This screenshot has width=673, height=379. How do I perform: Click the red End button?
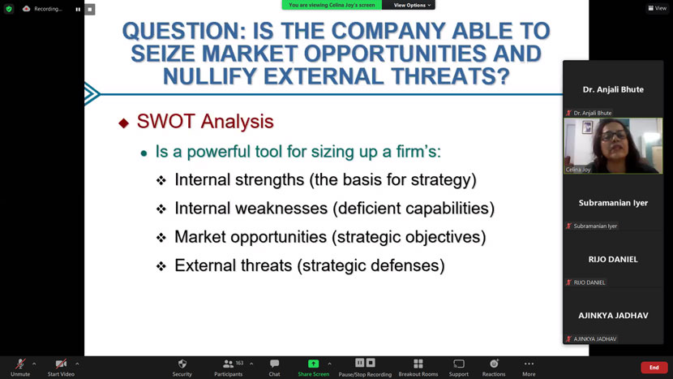click(x=654, y=368)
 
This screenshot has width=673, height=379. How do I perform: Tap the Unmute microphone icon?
click(x=20, y=364)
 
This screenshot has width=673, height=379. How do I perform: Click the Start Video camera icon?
click(x=61, y=364)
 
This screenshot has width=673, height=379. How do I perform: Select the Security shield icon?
click(x=182, y=364)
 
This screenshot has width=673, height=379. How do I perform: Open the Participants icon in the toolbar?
click(x=229, y=364)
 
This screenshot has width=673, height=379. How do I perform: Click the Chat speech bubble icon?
click(x=274, y=364)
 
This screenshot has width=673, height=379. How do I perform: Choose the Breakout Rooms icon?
click(x=418, y=364)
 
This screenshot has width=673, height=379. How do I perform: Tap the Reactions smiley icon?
click(x=494, y=364)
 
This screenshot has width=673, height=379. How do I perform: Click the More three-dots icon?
click(x=529, y=364)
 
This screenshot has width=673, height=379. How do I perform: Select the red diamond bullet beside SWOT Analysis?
click(x=123, y=123)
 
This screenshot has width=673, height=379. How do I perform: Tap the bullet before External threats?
click(x=161, y=266)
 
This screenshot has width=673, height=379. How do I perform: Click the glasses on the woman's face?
click(x=613, y=136)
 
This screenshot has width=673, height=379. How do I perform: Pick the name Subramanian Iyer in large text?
click(x=613, y=203)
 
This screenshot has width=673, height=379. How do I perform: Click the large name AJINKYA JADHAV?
click(x=613, y=316)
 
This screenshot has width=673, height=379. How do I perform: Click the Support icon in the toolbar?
click(x=459, y=364)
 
